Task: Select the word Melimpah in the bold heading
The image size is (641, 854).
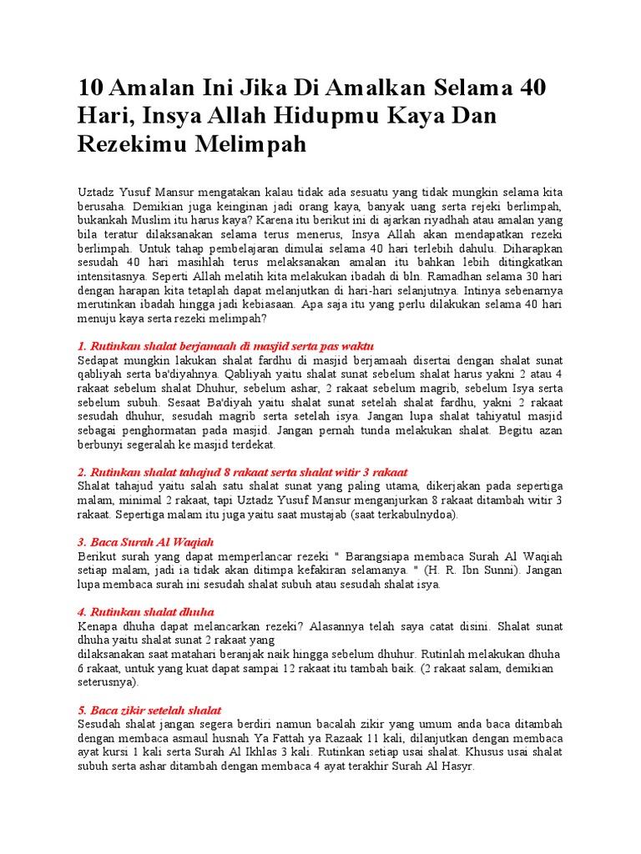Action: [255, 143]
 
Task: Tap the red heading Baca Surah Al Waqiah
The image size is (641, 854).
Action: [146, 542]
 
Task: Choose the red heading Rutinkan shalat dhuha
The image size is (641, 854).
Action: [146, 611]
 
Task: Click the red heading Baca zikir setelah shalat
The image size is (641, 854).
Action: [149, 711]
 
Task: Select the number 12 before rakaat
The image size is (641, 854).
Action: [280, 668]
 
